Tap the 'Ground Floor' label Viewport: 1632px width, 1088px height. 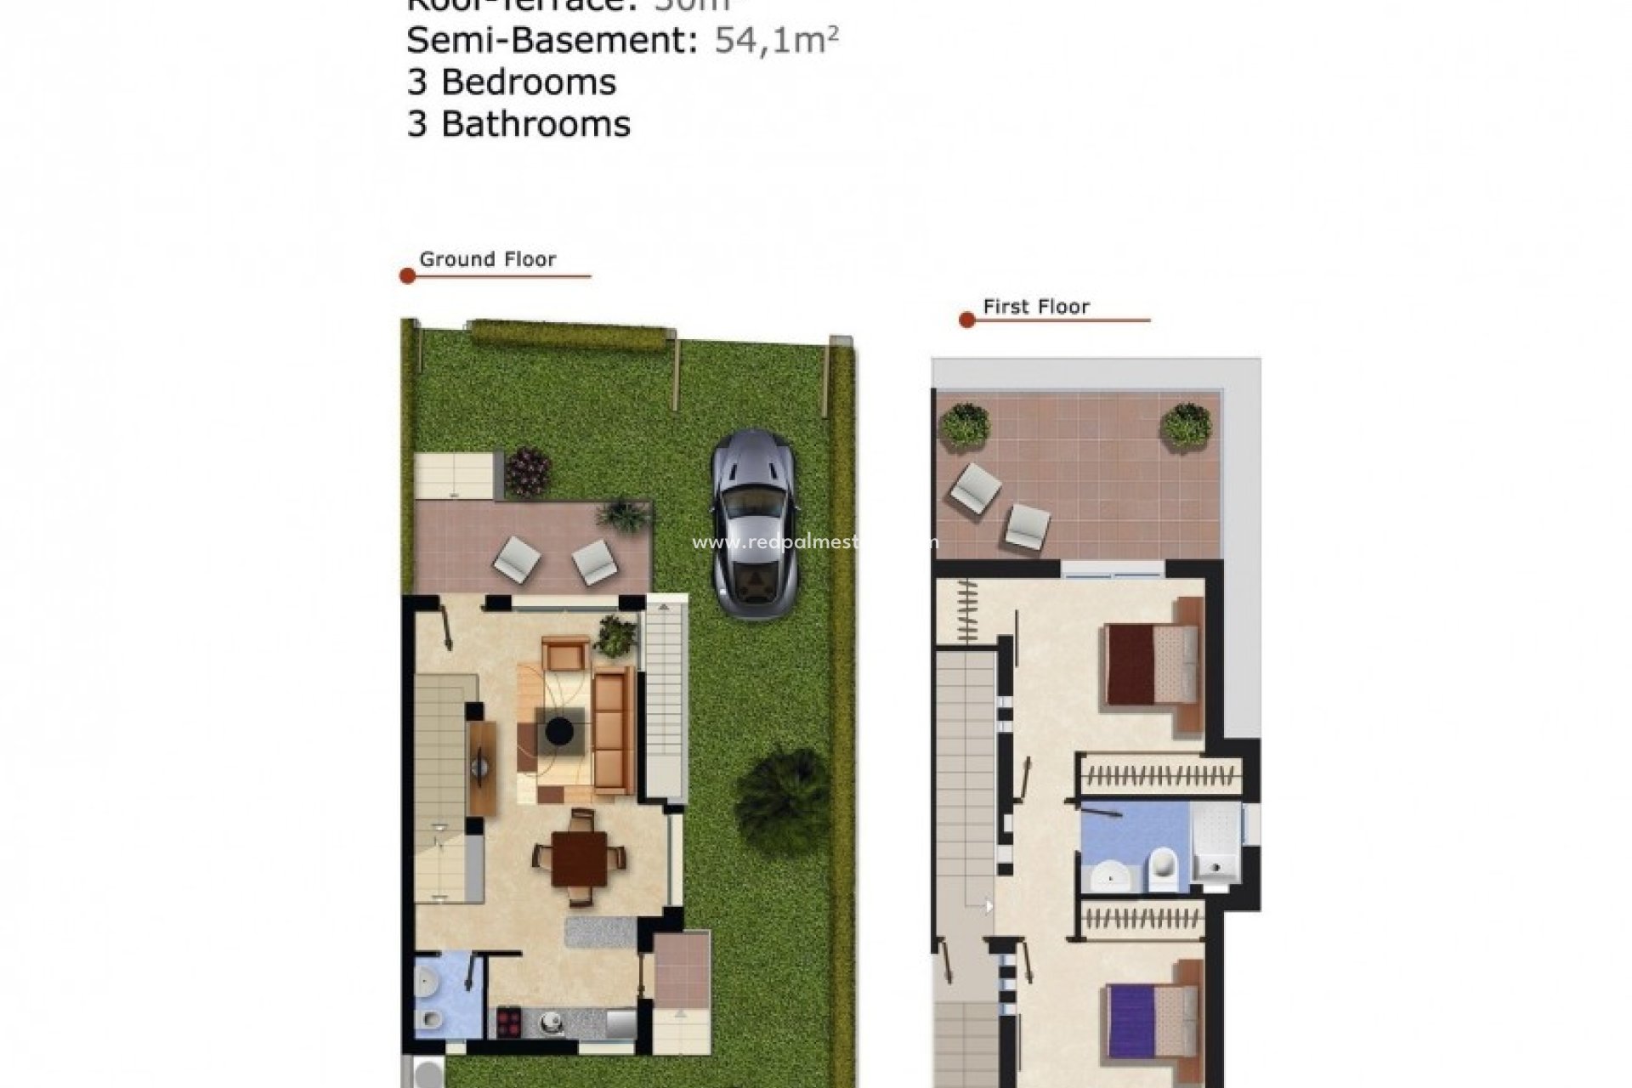pyautogui.click(x=487, y=259)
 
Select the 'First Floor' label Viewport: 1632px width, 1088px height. pyautogui.click(x=1035, y=307)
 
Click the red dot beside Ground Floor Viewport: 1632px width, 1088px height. pyautogui.click(x=407, y=276)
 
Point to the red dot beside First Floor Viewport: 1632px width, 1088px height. pyautogui.click(x=966, y=320)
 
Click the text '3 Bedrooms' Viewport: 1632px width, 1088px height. pyautogui.click(x=511, y=82)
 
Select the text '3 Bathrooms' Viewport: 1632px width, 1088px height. pyautogui.click(x=518, y=124)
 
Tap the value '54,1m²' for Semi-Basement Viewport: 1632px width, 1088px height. pyautogui.click(x=776, y=40)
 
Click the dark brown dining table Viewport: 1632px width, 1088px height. pyautogui.click(x=579, y=858)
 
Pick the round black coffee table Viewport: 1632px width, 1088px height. pyautogui.click(x=559, y=730)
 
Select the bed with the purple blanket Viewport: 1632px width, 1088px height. pyautogui.click(x=1152, y=1020)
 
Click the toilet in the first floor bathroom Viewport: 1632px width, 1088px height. pyautogui.click(x=1162, y=870)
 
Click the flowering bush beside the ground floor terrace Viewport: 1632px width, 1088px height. pyautogui.click(x=528, y=472)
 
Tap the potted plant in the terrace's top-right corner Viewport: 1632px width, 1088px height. pyautogui.click(x=1186, y=424)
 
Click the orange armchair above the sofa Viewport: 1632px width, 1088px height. pyautogui.click(x=565, y=654)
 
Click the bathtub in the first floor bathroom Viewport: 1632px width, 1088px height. pyautogui.click(x=1216, y=841)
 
